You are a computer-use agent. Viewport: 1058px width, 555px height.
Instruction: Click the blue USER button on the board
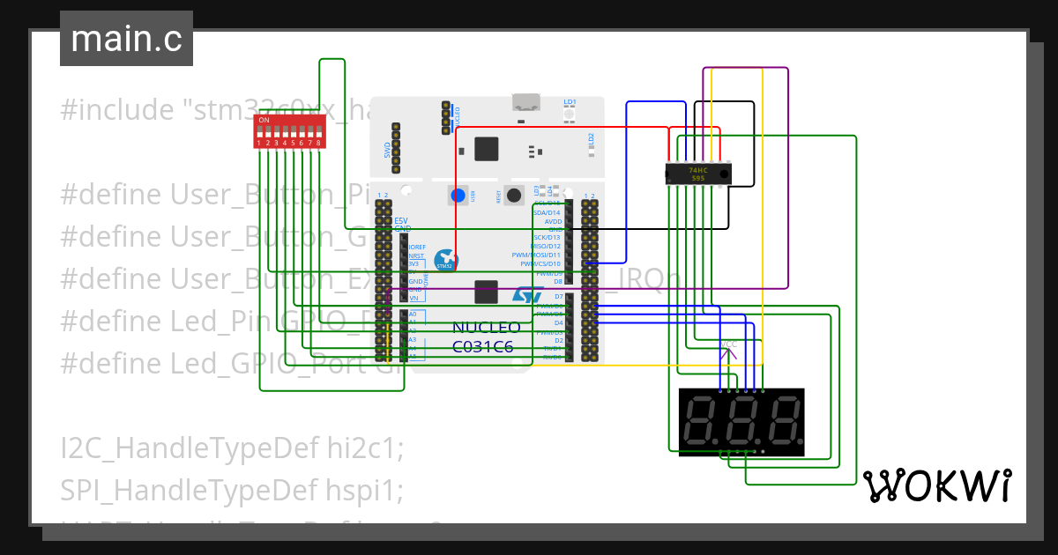pos(458,196)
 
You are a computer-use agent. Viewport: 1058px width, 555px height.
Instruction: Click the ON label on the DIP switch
pos(264,119)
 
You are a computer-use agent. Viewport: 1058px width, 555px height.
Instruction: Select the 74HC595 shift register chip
pos(697,174)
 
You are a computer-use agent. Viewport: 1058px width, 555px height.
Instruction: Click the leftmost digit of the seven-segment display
pos(703,421)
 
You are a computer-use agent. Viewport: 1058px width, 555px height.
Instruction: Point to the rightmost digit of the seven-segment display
pos(782,421)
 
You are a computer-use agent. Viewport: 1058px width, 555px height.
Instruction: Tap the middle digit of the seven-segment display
pos(742,421)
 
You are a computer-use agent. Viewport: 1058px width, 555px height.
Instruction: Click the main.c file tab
pos(126,39)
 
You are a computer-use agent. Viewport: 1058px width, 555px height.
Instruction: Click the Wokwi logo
pos(936,485)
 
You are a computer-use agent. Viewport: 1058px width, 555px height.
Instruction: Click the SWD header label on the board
pos(387,150)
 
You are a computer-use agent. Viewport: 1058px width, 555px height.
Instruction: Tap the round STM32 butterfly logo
pos(445,260)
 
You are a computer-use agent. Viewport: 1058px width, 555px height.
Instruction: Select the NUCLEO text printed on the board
pos(486,328)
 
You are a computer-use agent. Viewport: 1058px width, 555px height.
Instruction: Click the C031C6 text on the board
pos(482,347)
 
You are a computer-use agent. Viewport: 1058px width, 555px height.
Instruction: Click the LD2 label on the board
pos(592,138)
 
